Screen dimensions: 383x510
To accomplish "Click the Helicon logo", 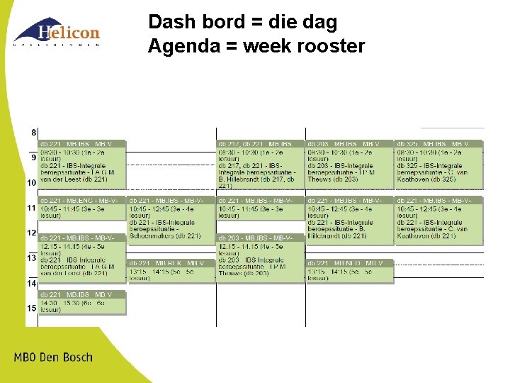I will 57,32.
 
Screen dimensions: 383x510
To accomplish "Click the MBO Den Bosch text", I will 53,357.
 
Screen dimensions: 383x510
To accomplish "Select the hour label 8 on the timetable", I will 33,133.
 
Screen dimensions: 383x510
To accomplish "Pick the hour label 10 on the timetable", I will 31,183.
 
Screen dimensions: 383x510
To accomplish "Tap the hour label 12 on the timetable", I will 31,233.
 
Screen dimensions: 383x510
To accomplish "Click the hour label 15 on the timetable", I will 31,309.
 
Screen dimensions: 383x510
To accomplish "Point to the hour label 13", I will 31,258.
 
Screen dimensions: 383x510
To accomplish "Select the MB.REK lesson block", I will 171,270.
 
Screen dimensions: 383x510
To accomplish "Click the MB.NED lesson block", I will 349,270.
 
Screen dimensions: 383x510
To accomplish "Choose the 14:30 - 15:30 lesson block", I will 82,302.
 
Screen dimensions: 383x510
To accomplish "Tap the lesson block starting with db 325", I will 438,163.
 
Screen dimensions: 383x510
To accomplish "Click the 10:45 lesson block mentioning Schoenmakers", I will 171,220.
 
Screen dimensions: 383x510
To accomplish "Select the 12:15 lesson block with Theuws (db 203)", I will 260,258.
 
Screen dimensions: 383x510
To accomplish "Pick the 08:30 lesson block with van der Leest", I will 82,163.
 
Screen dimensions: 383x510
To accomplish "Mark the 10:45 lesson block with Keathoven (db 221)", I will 438,220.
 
